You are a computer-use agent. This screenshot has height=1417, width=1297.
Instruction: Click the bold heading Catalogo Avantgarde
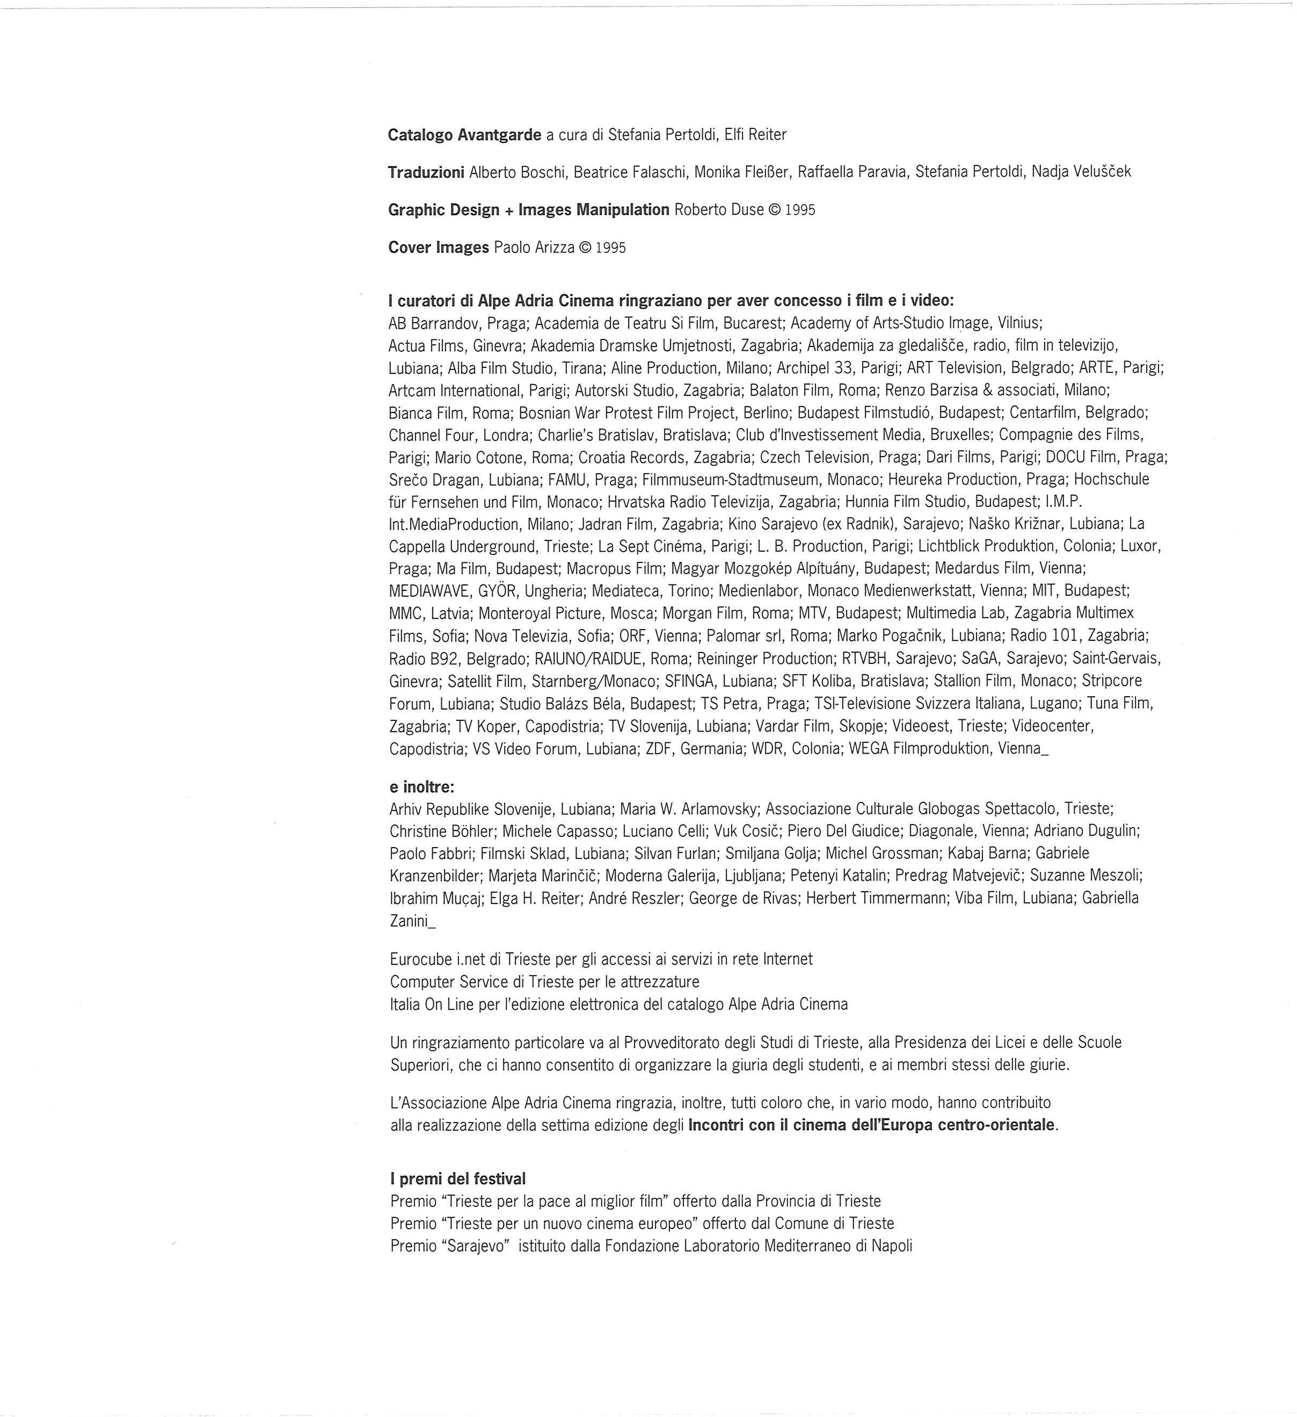point(464,135)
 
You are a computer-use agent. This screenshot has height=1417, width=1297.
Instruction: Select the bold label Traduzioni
point(426,172)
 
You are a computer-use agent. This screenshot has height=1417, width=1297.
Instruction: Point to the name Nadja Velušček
point(1081,172)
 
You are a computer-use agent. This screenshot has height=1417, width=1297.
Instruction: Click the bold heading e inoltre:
point(421,787)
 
